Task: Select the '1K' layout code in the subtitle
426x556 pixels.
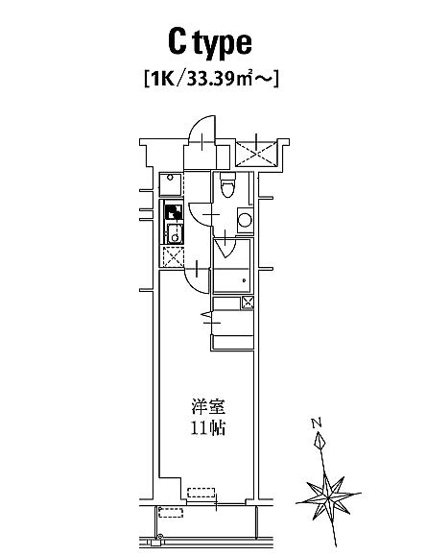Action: pos(162,79)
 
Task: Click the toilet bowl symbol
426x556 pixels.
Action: pos(227,184)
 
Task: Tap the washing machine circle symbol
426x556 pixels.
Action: pos(245,220)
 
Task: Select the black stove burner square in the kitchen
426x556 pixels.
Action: pos(174,212)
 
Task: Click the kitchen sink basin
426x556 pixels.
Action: pos(175,233)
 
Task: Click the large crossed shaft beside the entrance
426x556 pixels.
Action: pos(256,154)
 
